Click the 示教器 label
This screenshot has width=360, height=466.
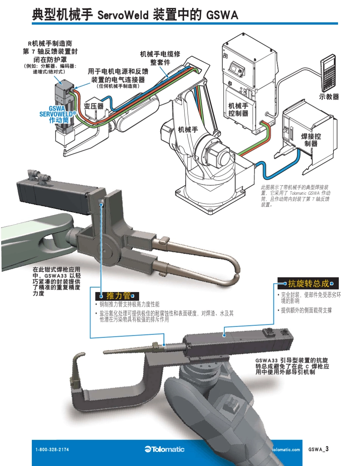point(329,97)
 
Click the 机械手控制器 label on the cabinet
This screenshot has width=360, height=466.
point(238,109)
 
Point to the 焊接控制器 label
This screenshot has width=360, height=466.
point(311,139)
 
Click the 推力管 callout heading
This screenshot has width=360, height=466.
point(118,296)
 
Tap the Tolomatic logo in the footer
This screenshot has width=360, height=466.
point(164,449)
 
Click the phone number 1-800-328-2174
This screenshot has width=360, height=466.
point(52,450)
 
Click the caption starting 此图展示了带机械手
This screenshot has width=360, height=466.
point(297,196)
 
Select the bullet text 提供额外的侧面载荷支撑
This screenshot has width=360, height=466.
point(306,310)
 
